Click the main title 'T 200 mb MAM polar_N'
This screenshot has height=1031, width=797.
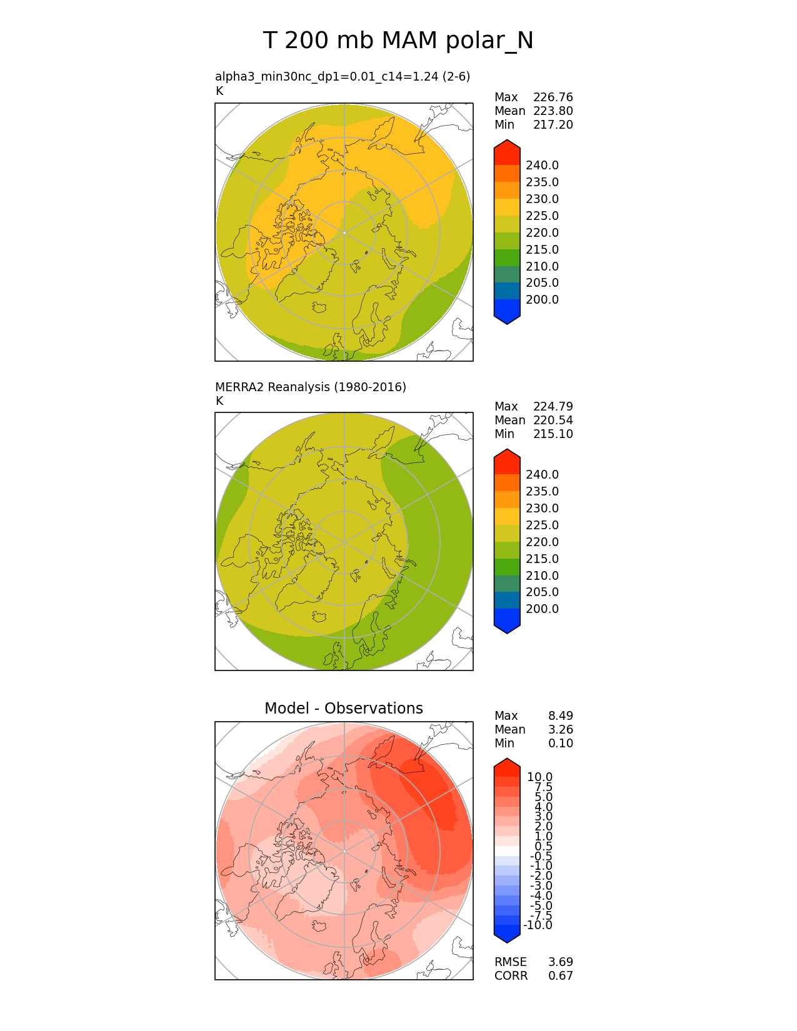(x=398, y=41)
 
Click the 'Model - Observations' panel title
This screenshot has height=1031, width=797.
(x=343, y=708)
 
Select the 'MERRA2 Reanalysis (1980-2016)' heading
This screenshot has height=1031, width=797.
(x=310, y=387)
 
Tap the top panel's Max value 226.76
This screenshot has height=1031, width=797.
(x=553, y=97)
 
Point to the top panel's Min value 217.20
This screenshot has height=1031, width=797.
(x=553, y=124)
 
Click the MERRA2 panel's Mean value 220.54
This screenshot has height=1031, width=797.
(x=553, y=420)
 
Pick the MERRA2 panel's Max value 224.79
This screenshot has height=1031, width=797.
(x=553, y=406)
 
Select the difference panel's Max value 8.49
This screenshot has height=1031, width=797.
(x=560, y=715)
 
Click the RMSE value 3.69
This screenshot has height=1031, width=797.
(x=560, y=962)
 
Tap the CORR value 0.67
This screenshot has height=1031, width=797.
(x=560, y=975)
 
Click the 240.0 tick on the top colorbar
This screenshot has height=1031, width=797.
(x=542, y=165)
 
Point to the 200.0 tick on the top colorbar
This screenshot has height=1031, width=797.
(x=542, y=299)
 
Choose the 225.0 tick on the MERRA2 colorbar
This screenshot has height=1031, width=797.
(x=542, y=525)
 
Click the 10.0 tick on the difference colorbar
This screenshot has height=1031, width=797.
(x=539, y=777)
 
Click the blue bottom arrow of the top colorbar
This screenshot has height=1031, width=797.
(x=507, y=317)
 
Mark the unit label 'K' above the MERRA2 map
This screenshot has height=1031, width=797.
(x=219, y=401)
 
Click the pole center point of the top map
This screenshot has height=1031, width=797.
(x=344, y=232)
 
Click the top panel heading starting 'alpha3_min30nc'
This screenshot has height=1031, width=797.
(x=342, y=76)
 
